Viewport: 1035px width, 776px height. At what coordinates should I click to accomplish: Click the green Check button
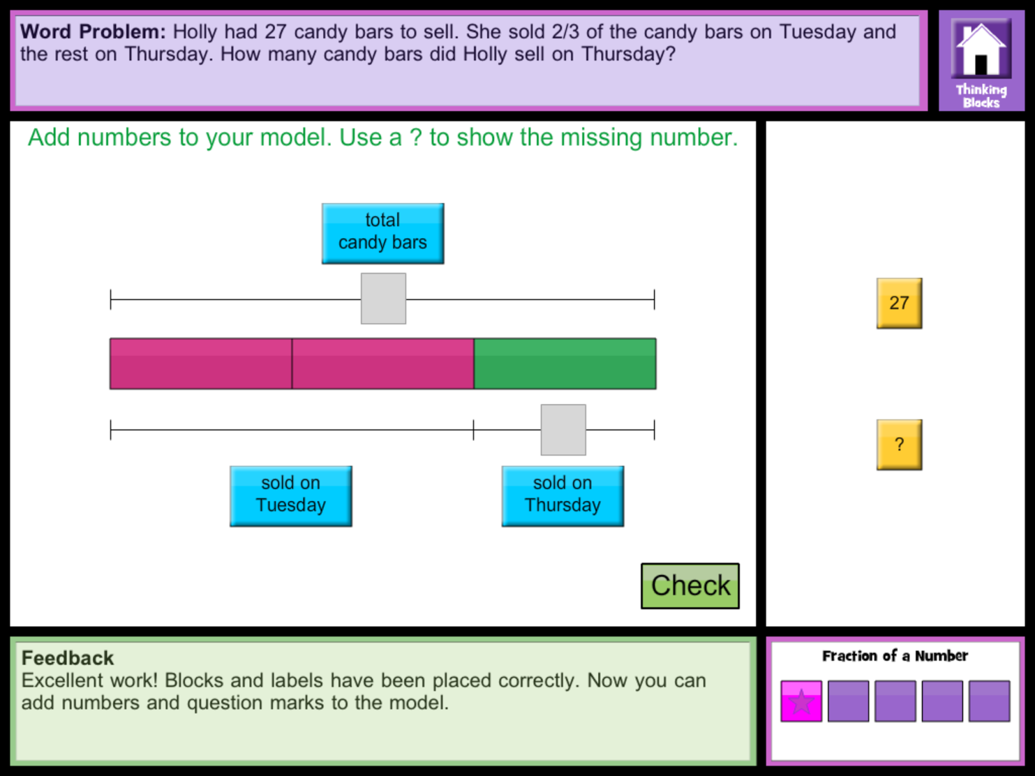[x=690, y=586]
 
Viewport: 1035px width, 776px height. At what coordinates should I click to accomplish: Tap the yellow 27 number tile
[x=899, y=303]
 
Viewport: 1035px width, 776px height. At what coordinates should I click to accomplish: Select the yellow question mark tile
[x=899, y=445]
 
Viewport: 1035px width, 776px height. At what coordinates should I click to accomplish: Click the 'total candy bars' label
[x=382, y=233]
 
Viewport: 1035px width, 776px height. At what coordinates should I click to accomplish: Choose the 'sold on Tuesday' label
[x=290, y=496]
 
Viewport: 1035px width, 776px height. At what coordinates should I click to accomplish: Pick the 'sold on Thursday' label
[x=562, y=496]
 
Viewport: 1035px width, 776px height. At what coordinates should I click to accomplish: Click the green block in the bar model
[x=565, y=363]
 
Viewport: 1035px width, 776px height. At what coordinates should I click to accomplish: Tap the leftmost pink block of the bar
[x=201, y=363]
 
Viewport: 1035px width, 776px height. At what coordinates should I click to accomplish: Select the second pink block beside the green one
[x=383, y=363]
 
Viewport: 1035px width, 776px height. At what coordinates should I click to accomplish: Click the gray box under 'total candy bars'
[x=383, y=298]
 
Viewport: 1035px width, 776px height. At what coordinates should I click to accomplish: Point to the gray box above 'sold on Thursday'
[x=563, y=430]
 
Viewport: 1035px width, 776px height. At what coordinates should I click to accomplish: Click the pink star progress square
[x=801, y=701]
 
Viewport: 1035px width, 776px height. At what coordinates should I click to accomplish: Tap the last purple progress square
[x=989, y=701]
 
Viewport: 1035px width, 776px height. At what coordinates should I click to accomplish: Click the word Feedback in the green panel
[x=67, y=658]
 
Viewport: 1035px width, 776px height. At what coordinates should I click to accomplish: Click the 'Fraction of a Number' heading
[x=895, y=656]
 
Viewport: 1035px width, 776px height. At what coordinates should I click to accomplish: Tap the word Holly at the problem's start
[x=194, y=32]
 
